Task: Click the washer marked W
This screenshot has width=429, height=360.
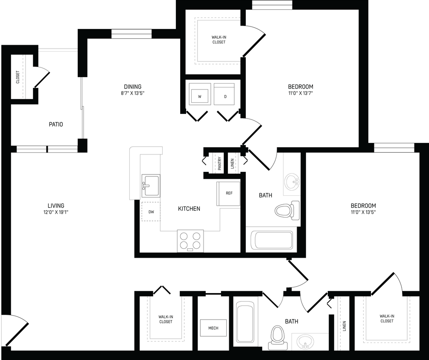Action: click(200, 94)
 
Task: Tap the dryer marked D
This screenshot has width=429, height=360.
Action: click(225, 94)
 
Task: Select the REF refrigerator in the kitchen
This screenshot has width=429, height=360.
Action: click(229, 194)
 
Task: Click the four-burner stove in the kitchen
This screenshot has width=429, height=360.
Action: click(190, 241)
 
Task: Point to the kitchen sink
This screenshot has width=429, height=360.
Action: click(151, 186)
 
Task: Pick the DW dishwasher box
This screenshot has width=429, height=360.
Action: click(151, 212)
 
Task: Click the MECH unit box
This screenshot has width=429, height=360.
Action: click(213, 328)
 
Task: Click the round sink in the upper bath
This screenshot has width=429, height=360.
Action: click(292, 182)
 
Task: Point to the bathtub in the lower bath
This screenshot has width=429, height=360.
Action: click(245, 322)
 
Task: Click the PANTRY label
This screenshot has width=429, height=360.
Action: click(219, 163)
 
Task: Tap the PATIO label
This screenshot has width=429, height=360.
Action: click(55, 125)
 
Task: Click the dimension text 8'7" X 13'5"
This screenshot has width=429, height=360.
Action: click(133, 93)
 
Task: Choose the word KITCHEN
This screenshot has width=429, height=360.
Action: click(189, 209)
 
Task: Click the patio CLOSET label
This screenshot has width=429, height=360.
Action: click(18, 77)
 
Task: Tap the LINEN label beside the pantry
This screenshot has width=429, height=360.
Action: click(233, 163)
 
